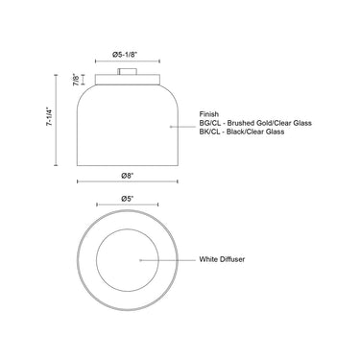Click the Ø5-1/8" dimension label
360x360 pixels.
pos(125,55)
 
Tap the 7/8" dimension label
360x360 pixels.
pos(76,80)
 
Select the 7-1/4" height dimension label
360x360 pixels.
pos(49,116)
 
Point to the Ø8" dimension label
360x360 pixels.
pos(128,176)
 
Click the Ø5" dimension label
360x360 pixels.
pos(128,199)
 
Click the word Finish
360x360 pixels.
pos(209,114)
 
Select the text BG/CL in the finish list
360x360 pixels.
pos(209,123)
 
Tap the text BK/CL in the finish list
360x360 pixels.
pos(209,132)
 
